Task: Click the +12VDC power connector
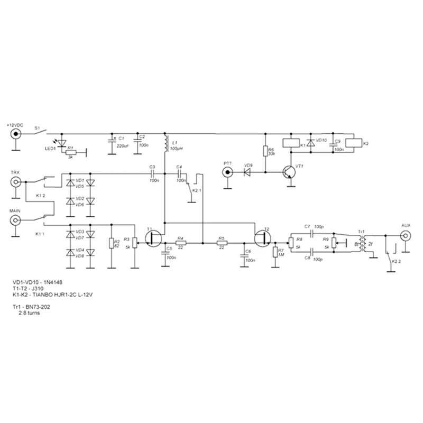pos(17,134)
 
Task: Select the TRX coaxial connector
pos(17,182)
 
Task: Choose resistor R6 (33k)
pos(265,153)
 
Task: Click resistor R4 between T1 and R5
pos(181,243)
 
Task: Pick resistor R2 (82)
pos(112,243)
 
